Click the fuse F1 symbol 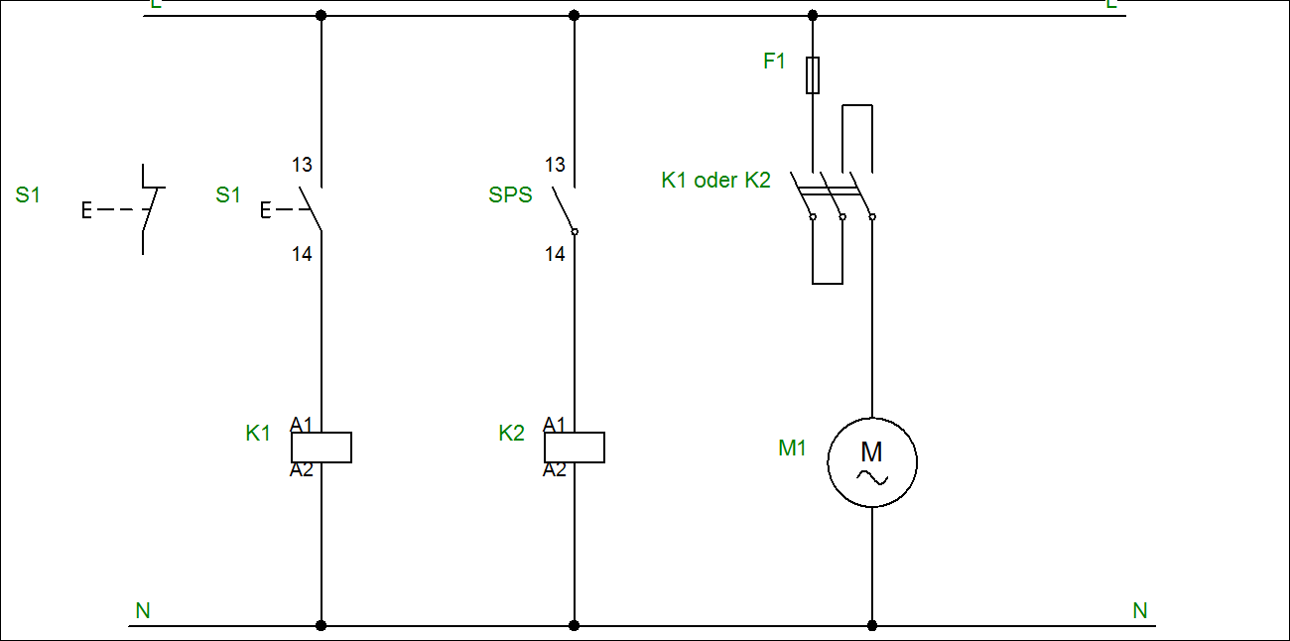[x=813, y=74]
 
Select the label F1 [x=774, y=62]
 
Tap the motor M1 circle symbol [x=872, y=462]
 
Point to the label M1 [x=792, y=449]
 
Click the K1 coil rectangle [x=321, y=448]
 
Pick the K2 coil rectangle [x=575, y=448]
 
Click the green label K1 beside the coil [x=258, y=434]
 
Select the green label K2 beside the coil [x=511, y=434]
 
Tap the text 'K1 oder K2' [x=715, y=181]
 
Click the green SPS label [x=510, y=195]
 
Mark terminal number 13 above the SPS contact [x=555, y=165]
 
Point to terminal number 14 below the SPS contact [x=555, y=255]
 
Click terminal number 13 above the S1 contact [x=302, y=165]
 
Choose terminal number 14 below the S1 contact [x=302, y=255]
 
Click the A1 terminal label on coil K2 [x=554, y=425]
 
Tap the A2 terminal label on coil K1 [x=301, y=470]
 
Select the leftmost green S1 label [x=28, y=195]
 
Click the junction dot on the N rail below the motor [x=872, y=626]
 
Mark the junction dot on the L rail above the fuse [x=813, y=15]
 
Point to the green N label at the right [x=1140, y=611]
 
